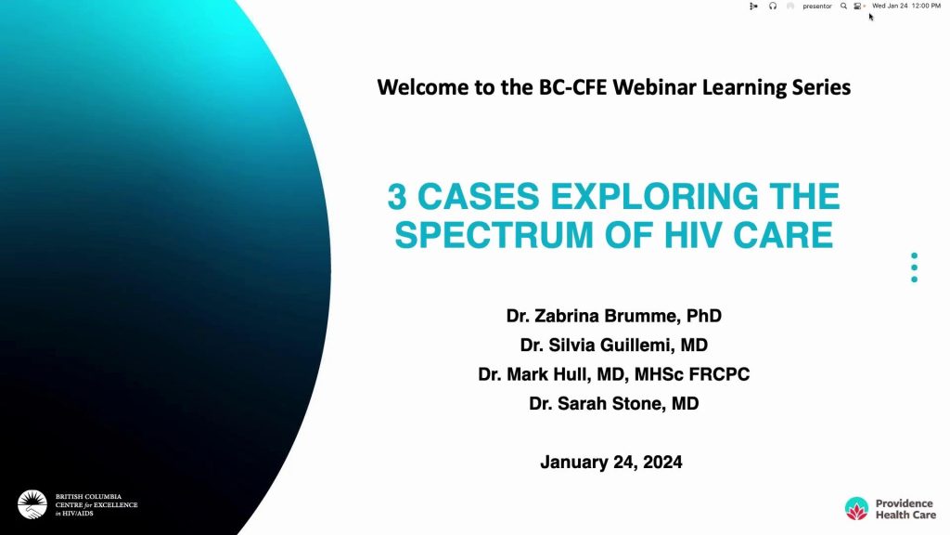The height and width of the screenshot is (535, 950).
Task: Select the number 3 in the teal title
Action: pos(396,197)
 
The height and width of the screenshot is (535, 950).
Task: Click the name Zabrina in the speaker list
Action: pos(563,316)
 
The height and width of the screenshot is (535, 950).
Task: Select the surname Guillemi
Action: pos(631,346)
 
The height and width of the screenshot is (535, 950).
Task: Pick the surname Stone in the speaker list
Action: pos(637,403)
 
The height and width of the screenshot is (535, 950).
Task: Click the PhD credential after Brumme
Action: pos(704,316)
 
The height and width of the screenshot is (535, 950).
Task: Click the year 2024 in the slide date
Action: pos(662,463)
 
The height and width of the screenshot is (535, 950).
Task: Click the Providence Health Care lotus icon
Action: pos(856,508)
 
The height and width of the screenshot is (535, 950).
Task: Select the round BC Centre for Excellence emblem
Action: pos(32,504)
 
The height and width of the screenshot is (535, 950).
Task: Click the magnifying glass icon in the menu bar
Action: pos(843,7)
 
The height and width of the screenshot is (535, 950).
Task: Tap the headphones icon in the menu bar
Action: pos(773,7)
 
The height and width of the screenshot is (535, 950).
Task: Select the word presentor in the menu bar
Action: pos(817,7)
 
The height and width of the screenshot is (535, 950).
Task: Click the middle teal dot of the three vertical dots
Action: pos(914,267)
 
